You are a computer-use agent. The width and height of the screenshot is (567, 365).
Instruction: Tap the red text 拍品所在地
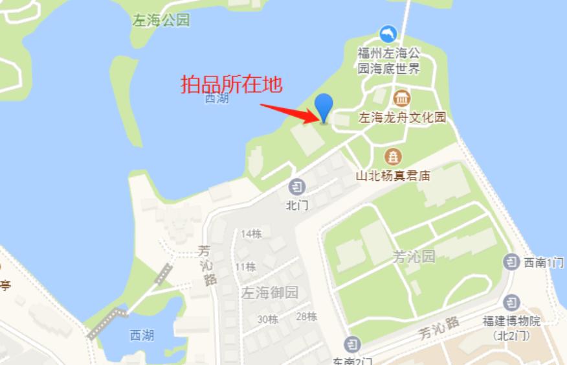pyautogui.click(x=231, y=85)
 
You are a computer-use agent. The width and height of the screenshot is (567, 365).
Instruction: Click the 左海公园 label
pyautogui.click(x=161, y=20)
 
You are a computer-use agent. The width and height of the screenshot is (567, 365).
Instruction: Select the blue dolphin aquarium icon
pyautogui.click(x=388, y=34)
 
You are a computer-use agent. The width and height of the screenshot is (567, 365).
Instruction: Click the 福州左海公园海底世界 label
pyautogui.click(x=389, y=59)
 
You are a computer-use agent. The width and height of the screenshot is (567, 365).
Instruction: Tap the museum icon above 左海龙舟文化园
pyautogui.click(x=402, y=99)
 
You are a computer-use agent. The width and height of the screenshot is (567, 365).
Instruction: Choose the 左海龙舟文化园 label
pyautogui.click(x=403, y=118)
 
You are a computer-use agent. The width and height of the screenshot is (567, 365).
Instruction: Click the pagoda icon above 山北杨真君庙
pyautogui.click(x=392, y=156)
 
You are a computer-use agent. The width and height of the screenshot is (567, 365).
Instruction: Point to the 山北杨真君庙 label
pyautogui.click(x=393, y=175)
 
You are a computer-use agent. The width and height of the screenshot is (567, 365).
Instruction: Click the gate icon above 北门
pyautogui.click(x=296, y=187)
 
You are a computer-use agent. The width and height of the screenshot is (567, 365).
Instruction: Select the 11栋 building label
pyautogui.click(x=245, y=266)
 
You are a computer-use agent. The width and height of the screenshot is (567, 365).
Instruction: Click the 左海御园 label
pyautogui.click(x=270, y=292)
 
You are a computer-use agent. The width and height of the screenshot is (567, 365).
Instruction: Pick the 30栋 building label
pyautogui.click(x=267, y=319)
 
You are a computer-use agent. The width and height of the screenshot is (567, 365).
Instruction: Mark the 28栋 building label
pyautogui.click(x=306, y=316)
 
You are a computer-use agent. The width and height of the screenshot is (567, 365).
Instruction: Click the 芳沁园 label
pyautogui.click(x=414, y=256)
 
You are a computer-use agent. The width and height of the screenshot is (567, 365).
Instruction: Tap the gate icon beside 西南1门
pyautogui.click(x=511, y=262)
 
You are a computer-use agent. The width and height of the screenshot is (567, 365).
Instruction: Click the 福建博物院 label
pyautogui.click(x=511, y=320)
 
